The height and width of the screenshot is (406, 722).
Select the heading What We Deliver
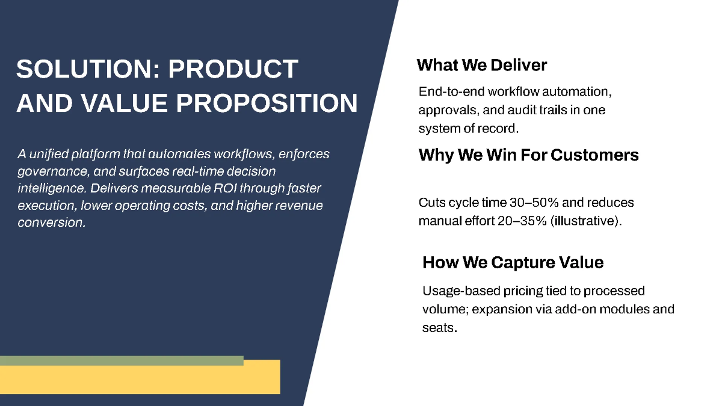point(481,65)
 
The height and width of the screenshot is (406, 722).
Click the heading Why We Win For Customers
point(528,155)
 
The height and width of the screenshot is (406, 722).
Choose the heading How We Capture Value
point(513,262)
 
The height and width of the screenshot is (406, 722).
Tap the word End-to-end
point(451,92)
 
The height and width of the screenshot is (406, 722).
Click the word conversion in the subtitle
point(52,223)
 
